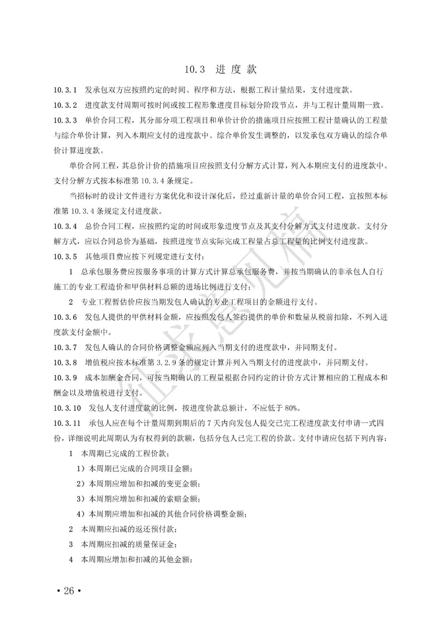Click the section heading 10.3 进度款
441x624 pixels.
pos(220,70)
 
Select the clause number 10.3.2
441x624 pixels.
pos(65,105)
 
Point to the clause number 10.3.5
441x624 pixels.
pos(65,257)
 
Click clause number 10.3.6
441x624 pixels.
pos(65,317)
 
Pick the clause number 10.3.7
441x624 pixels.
pos(65,348)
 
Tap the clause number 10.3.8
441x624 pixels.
pos(65,363)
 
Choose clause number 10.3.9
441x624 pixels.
pos(65,378)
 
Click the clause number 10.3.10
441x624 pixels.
pos(67,408)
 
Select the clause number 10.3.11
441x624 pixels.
pos(67,423)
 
